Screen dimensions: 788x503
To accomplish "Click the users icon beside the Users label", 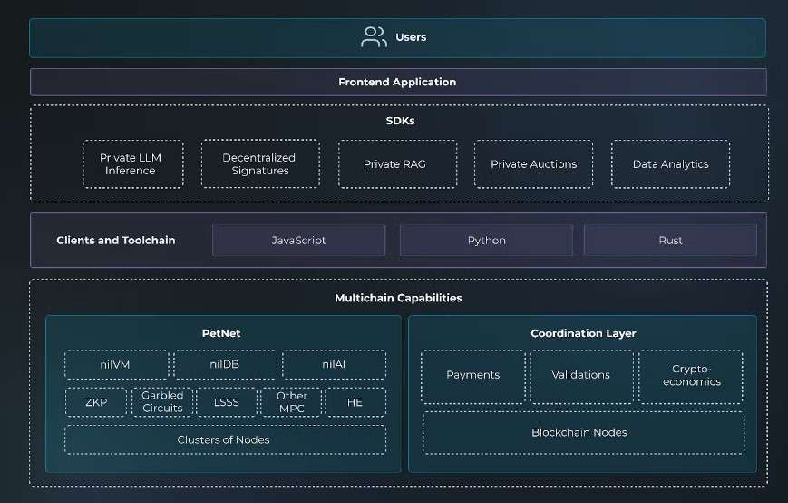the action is pos(374,37).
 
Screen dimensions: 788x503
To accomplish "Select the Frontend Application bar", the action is pos(398,82).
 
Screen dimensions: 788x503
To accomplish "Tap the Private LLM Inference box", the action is pos(132,164).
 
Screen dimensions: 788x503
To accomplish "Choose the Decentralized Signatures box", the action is pos(260,164).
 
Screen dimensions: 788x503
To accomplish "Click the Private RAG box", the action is pos(397,164).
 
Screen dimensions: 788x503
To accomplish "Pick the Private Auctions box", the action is pos(534,164).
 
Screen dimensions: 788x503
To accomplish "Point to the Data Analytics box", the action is pos(670,164).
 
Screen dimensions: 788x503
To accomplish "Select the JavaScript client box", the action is pos(298,241).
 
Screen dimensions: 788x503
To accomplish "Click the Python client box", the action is pos(486,241).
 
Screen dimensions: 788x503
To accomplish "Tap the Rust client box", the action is pos(670,241).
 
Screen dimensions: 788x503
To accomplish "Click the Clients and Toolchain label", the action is pos(116,241).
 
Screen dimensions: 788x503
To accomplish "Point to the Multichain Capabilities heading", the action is pos(398,298).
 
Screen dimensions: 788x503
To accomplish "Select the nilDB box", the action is pos(225,364).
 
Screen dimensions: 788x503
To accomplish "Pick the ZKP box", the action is pos(96,402).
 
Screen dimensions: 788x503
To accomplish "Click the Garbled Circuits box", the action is pos(161,402).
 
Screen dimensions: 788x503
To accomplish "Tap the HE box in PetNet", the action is pos(355,402).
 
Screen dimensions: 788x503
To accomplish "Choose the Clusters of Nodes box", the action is pos(225,439).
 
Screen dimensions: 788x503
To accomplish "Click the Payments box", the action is pos(473,377).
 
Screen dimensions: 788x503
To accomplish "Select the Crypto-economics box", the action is pos(691,377).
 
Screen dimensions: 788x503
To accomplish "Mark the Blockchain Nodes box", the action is pos(583,433).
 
